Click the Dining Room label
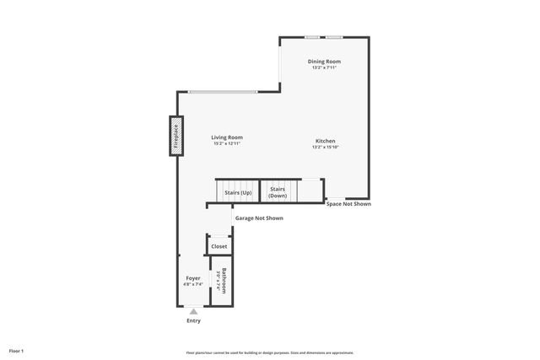pyautogui.click(x=324, y=62)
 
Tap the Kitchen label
pyautogui.click(x=326, y=141)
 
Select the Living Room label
pyautogui.click(x=227, y=137)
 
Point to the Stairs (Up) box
pyautogui.click(x=237, y=192)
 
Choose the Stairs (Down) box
pyautogui.click(x=278, y=192)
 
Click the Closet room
pyautogui.click(x=219, y=246)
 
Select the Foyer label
pyautogui.click(x=193, y=277)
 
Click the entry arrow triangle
pyautogui.click(x=193, y=312)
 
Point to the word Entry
pyautogui.click(x=193, y=321)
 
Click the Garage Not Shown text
pyautogui.click(x=259, y=218)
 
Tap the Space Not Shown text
pyautogui.click(x=348, y=204)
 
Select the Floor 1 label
pyautogui.click(x=17, y=350)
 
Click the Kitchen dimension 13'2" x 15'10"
pyautogui.click(x=326, y=148)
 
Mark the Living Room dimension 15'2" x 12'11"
pyautogui.click(x=227, y=144)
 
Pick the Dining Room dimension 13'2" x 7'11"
pyautogui.click(x=324, y=68)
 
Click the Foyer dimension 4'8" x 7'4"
pyautogui.click(x=193, y=284)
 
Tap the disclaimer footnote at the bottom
pyautogui.click(x=270, y=352)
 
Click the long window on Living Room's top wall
pyautogui.click(x=223, y=91)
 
